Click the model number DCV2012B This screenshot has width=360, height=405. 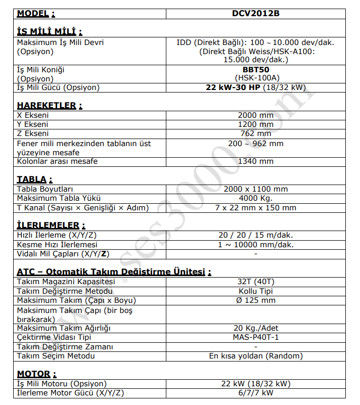(x=255, y=14)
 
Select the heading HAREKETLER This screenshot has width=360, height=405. (x=47, y=106)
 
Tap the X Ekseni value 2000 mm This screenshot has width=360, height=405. (x=255, y=115)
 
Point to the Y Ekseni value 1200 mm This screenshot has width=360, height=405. (x=255, y=124)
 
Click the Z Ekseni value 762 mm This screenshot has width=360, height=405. (x=255, y=134)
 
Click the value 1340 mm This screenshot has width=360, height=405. (x=255, y=161)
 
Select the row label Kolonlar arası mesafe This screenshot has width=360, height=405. (x=57, y=161)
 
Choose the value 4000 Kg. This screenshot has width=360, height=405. (x=255, y=198)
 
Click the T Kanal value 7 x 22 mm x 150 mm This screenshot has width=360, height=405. (x=255, y=207)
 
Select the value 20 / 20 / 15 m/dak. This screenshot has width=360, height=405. (x=255, y=235)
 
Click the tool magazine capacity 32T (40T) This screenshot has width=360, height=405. (x=255, y=281)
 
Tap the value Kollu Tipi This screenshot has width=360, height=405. (x=255, y=291)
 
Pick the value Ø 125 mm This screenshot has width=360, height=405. (x=255, y=300)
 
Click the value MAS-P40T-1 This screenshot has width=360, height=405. (x=255, y=337)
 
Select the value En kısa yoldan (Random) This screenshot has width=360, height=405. (x=255, y=356)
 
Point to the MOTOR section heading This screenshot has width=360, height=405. (x=34, y=374)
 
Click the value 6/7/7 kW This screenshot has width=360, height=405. (x=255, y=393)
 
